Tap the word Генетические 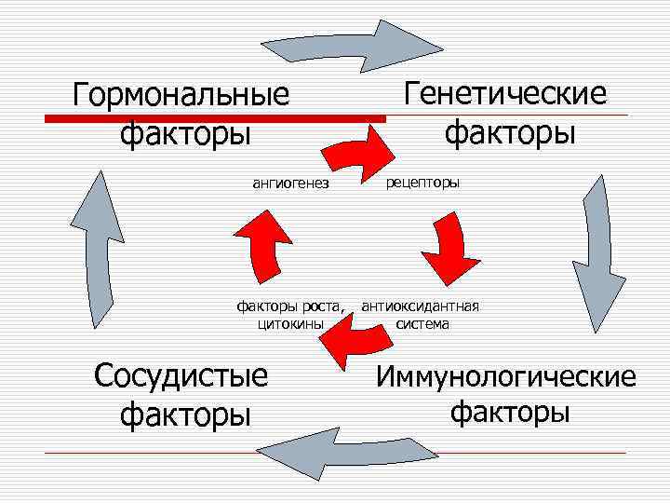[x=505, y=93]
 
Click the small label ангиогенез [x=290, y=183]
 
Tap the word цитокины [x=289, y=324]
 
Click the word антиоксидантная [x=421, y=306]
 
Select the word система [x=422, y=324]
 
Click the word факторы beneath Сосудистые [x=185, y=413]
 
